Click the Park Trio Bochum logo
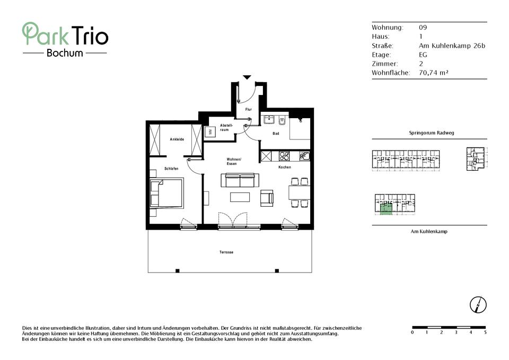(x=65, y=40)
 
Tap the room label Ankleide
(x=177, y=139)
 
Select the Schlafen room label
(x=171, y=169)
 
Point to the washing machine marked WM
(x=210, y=132)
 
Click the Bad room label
(x=276, y=134)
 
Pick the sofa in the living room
(x=240, y=180)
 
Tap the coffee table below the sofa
(x=240, y=197)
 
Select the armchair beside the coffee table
(x=267, y=198)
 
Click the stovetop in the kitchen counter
(x=284, y=156)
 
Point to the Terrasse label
(x=226, y=252)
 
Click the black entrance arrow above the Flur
(x=247, y=77)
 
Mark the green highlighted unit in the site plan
(x=385, y=209)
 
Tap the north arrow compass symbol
(x=478, y=305)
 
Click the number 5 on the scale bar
(x=485, y=332)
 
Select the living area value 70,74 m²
(x=433, y=73)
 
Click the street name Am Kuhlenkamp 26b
(x=452, y=46)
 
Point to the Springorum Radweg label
(x=432, y=133)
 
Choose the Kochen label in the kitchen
(x=285, y=167)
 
